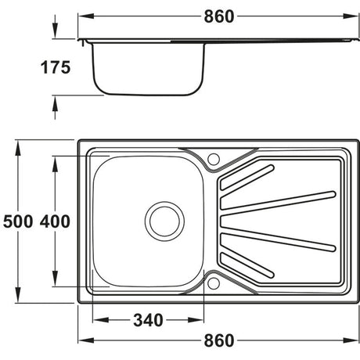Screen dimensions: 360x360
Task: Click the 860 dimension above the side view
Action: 220,16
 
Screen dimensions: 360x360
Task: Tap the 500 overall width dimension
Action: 16,221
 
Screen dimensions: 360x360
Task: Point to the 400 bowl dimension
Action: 55,221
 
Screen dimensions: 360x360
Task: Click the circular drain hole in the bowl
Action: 164,220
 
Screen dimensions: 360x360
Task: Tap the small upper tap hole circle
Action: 214,159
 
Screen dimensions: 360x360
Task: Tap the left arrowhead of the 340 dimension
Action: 97,319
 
